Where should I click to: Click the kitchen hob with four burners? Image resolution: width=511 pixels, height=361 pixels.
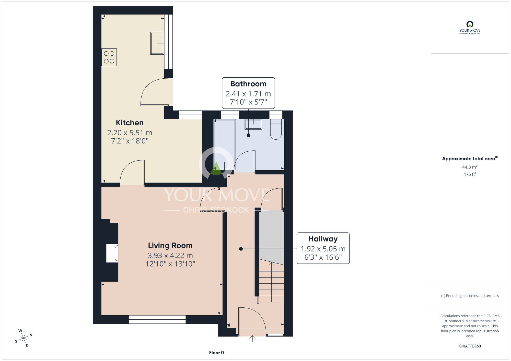[109, 57]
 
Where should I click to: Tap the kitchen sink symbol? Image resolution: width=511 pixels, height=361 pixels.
[157, 43]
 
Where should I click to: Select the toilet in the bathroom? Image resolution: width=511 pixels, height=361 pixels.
[276, 129]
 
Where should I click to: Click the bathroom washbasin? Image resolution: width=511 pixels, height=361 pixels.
[253, 124]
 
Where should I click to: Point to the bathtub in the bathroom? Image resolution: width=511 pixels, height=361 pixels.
[225, 144]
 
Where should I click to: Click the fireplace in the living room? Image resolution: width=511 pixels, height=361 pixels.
[112, 253]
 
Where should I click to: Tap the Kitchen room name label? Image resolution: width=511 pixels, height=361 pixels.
[130, 123]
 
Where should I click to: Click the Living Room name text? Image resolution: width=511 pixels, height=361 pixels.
[170, 245]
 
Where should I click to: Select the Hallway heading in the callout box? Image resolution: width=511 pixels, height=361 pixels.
[323, 239]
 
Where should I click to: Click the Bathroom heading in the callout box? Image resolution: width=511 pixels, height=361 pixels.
[248, 84]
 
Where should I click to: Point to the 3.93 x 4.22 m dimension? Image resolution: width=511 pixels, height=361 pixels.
[170, 255]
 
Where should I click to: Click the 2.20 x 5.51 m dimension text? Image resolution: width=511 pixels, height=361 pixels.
[130, 133]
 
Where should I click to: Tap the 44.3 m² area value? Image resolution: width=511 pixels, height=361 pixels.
[470, 167]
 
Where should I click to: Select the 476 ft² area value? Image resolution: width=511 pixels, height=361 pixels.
[470, 174]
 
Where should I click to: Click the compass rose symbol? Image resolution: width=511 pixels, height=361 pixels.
[24, 338]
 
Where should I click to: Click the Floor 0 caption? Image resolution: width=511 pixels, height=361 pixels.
[216, 353]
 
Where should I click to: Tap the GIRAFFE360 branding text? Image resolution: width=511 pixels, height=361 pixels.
[470, 346]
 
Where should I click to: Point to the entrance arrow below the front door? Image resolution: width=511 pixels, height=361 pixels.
[252, 339]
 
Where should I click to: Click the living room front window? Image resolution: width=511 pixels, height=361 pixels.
[157, 319]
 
